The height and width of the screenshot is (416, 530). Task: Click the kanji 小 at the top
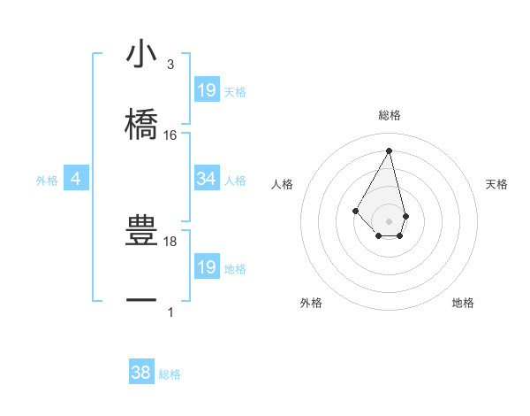click(x=141, y=55)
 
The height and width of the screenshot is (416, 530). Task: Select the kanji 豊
click(x=141, y=232)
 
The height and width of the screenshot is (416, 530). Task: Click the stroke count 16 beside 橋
click(x=170, y=135)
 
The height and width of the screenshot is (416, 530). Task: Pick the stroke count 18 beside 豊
click(x=170, y=241)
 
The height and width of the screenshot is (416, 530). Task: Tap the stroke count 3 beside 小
click(x=170, y=65)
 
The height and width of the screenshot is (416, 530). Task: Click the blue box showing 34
click(x=207, y=179)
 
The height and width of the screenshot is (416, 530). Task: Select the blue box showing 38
click(x=141, y=373)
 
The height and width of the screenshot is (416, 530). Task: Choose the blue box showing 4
click(x=76, y=179)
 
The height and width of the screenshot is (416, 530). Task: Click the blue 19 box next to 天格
click(x=207, y=89)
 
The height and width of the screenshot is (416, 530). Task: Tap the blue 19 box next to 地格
click(x=207, y=267)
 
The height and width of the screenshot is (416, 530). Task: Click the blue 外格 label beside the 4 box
click(x=47, y=181)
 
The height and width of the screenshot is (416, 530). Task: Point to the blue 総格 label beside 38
click(x=170, y=374)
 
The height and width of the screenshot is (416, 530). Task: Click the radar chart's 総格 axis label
click(x=390, y=115)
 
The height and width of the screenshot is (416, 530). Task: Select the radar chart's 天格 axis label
click(x=497, y=184)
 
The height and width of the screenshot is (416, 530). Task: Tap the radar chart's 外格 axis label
click(x=310, y=303)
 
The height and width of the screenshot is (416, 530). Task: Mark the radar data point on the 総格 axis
click(x=390, y=150)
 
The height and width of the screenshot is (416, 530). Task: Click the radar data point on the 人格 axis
click(x=356, y=211)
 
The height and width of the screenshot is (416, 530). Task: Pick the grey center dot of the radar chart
click(x=390, y=221)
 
